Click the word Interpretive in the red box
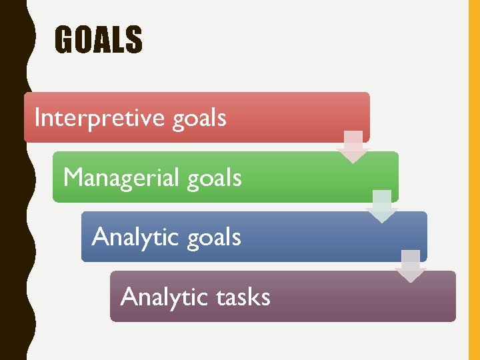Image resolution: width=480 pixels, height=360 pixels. (99, 118)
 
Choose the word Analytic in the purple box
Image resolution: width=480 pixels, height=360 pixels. (158, 297)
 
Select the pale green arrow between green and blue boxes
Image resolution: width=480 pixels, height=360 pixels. (382, 206)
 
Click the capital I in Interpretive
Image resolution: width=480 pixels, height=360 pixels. (37, 117)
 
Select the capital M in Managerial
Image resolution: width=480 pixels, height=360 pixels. (73, 177)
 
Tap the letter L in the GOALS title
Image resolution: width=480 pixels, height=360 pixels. (119, 39)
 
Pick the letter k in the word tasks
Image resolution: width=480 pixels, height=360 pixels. (253, 296)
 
